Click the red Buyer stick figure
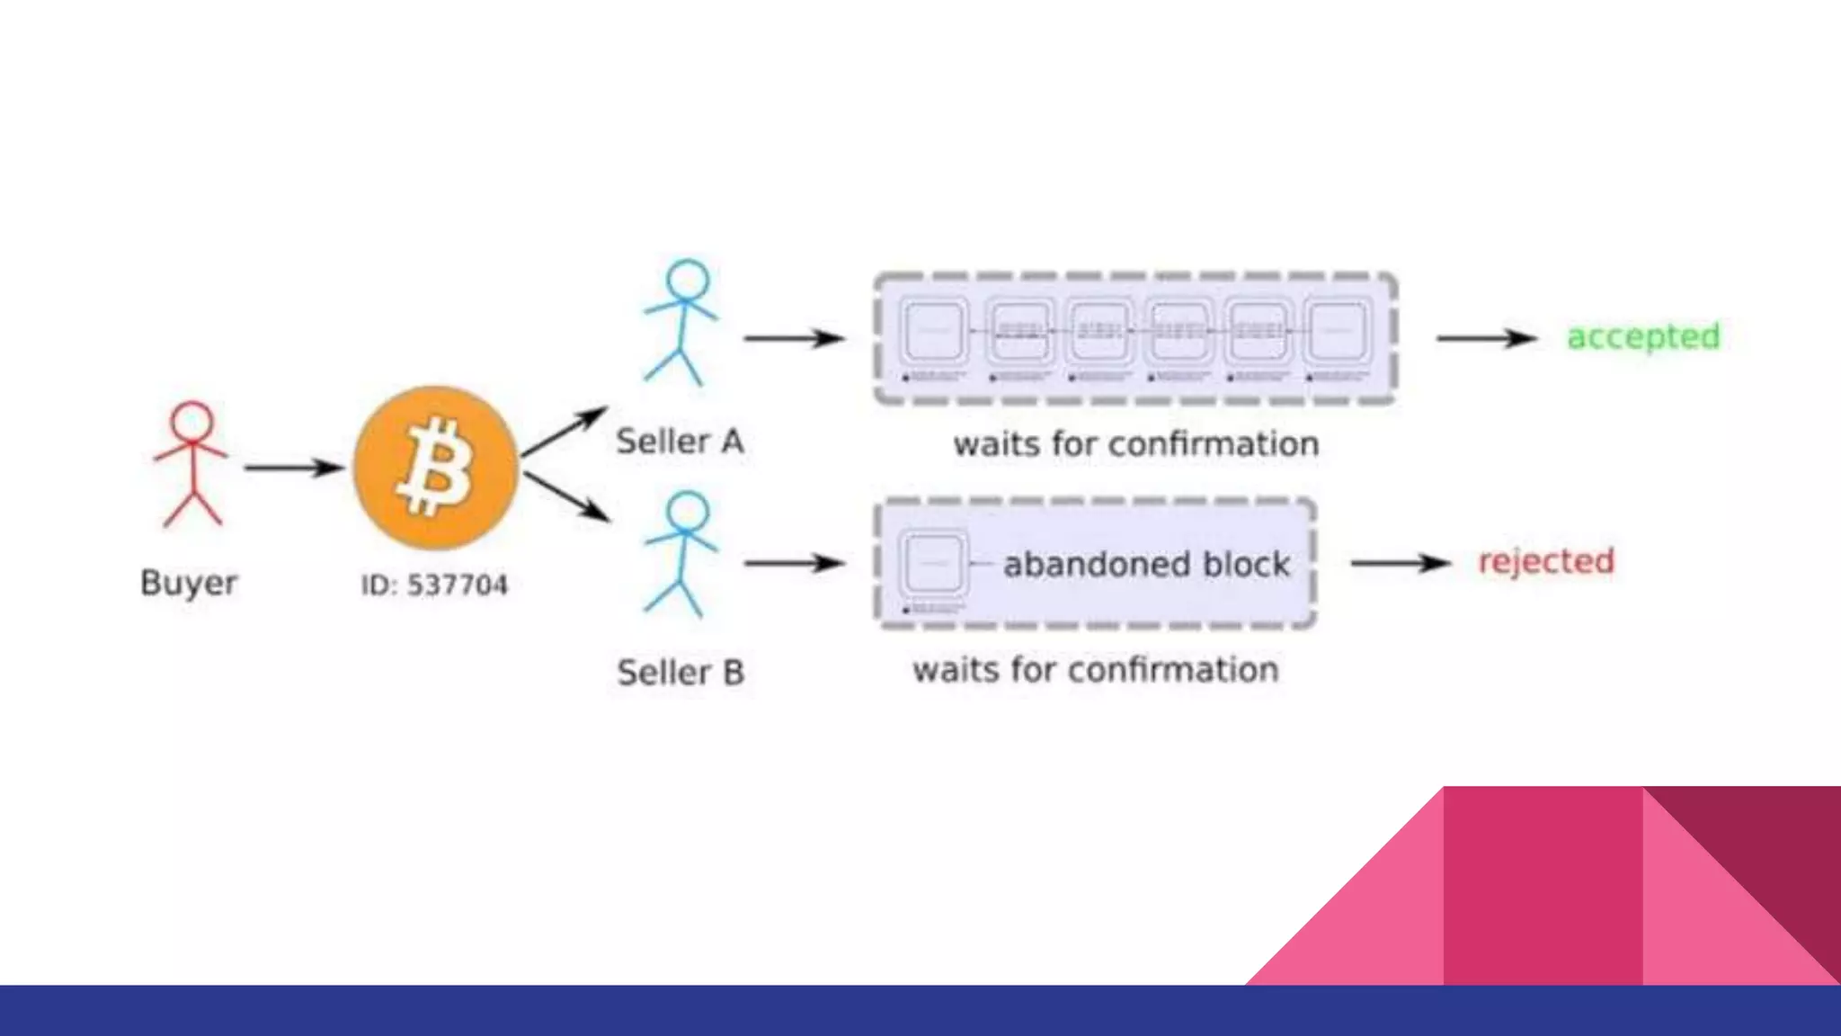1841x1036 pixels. (191, 463)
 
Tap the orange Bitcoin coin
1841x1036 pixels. (436, 468)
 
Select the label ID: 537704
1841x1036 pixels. (434, 585)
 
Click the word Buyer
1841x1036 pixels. (189, 583)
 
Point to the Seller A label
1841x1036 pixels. (680, 442)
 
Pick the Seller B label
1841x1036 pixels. (680, 673)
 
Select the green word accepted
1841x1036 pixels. (1643, 337)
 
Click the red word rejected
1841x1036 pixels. (1546, 562)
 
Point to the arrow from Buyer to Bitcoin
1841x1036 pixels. (293, 468)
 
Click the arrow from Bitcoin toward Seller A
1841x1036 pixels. (565, 431)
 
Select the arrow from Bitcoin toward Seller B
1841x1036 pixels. (566, 497)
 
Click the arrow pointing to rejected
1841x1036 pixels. (1401, 563)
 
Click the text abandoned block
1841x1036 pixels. (1146, 565)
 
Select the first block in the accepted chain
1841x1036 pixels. (935, 331)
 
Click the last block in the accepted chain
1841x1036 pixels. (1339, 331)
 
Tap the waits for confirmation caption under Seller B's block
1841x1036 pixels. (1095, 670)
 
